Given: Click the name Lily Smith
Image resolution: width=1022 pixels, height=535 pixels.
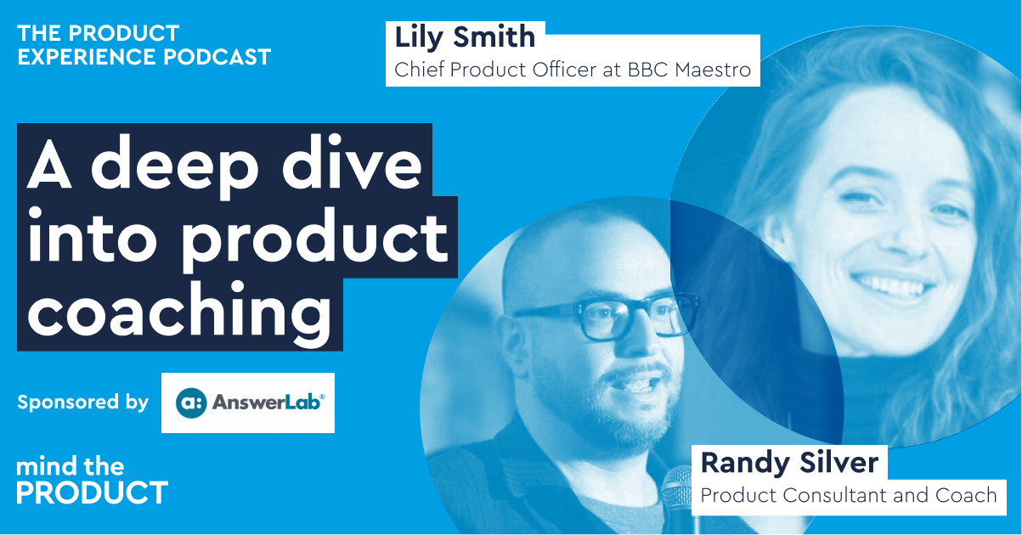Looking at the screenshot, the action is pyautogui.click(x=465, y=37).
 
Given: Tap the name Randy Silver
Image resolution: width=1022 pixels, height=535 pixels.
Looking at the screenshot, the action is pyautogui.click(x=789, y=463).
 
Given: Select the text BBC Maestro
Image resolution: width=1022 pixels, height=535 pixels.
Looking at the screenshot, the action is pyautogui.click(x=689, y=70).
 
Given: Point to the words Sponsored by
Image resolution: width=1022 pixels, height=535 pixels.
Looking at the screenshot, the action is pyautogui.click(x=83, y=403).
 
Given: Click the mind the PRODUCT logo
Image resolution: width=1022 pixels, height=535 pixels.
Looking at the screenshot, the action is pyautogui.click(x=92, y=481).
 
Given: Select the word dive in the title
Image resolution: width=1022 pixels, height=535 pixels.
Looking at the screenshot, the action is pyautogui.click(x=352, y=163).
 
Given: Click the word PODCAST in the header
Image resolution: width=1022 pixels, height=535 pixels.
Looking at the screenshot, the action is pyautogui.click(x=217, y=57).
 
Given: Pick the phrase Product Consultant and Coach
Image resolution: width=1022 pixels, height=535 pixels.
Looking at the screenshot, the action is pyautogui.click(x=849, y=496).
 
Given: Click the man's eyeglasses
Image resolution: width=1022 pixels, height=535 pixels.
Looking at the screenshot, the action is pyautogui.click(x=607, y=315).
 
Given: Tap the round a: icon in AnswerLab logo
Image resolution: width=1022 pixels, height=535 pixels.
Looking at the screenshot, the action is pyautogui.click(x=191, y=403).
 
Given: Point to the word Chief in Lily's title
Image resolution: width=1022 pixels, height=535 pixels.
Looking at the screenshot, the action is pyautogui.click(x=420, y=70).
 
